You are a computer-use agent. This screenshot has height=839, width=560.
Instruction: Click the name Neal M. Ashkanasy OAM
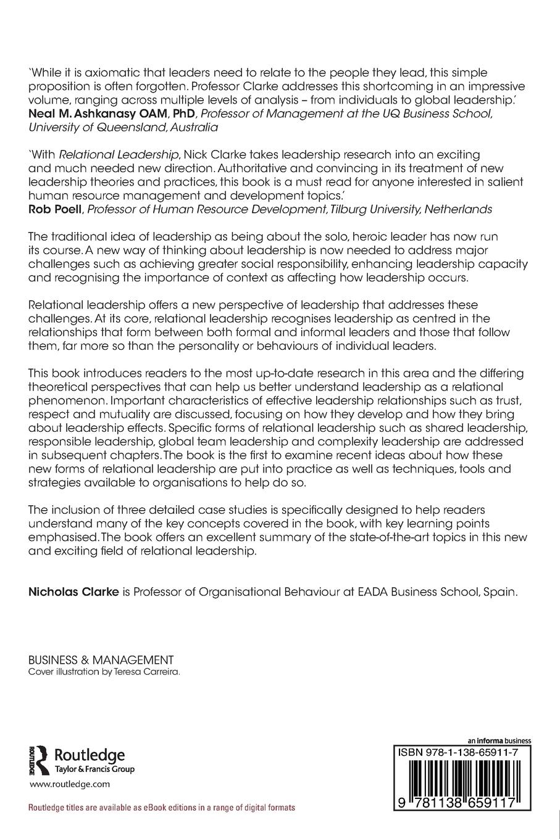pyautogui.click(x=90, y=114)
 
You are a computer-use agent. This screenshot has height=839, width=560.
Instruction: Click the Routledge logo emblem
pyautogui.click(x=38, y=759)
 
